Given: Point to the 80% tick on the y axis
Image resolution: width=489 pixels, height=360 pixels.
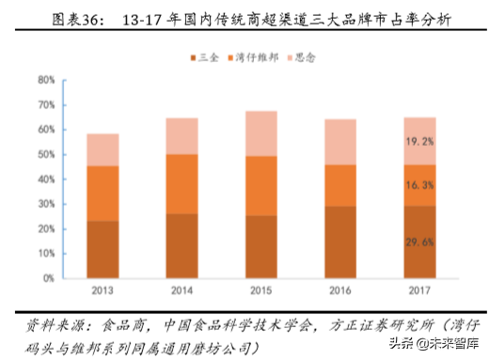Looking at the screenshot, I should pyautogui.click(x=46, y=80).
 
